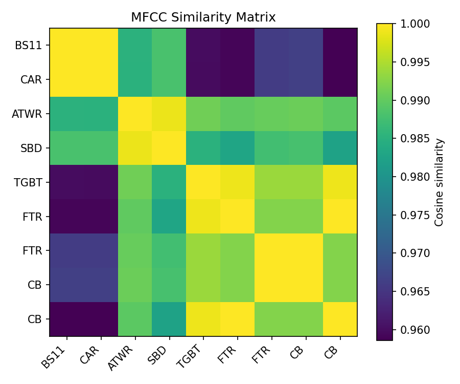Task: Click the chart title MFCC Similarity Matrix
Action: (x=203, y=17)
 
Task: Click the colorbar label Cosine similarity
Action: (x=439, y=182)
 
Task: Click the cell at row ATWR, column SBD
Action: (x=169, y=114)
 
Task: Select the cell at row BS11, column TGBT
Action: (x=203, y=45)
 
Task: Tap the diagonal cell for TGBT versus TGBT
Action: (x=203, y=182)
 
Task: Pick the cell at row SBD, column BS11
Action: (x=66, y=148)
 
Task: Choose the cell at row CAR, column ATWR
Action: (x=135, y=79)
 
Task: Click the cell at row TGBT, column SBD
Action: (x=169, y=182)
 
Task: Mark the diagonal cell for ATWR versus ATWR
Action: (x=135, y=114)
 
